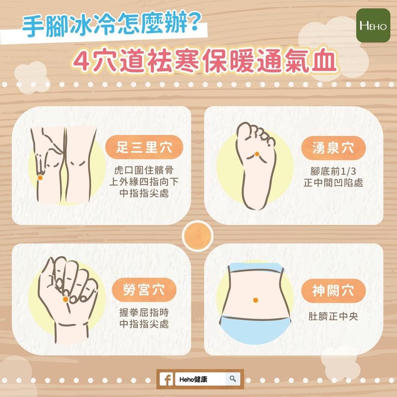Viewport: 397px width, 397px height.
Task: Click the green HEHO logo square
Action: (373, 25)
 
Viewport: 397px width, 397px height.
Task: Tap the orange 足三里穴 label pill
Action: (144, 147)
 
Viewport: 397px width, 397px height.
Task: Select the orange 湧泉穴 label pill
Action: (333, 148)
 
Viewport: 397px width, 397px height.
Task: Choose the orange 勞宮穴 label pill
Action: (144, 290)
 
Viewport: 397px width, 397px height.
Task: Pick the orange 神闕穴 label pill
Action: (333, 291)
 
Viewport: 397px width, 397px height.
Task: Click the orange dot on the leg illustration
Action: (40, 178)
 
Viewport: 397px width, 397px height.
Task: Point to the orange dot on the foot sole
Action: (257, 154)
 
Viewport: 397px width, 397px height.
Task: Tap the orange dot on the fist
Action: (65, 300)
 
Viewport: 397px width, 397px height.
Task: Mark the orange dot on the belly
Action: (255, 300)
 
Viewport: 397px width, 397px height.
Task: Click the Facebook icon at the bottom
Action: (166, 379)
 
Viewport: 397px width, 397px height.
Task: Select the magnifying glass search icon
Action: (233, 379)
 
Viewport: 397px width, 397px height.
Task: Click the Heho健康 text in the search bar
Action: (193, 379)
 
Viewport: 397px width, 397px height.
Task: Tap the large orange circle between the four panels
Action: (197, 236)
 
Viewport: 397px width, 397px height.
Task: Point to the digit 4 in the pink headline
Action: (81, 62)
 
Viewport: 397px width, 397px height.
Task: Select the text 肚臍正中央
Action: (333, 316)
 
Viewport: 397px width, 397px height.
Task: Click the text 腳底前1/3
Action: (333, 171)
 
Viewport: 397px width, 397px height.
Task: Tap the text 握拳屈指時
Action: (144, 312)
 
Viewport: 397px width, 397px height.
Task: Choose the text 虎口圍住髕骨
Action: (144, 170)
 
